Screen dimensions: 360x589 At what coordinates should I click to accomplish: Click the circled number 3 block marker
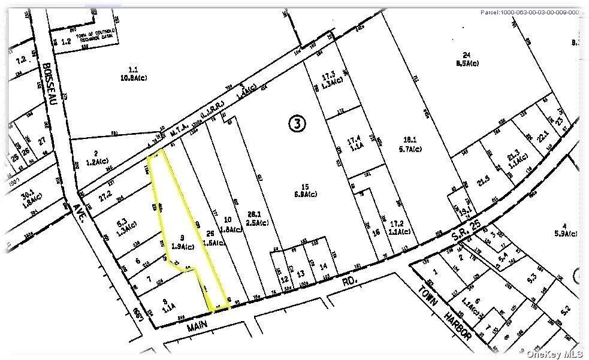pyautogui.click(x=298, y=123)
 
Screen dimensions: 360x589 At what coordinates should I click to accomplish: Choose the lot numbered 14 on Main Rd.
pyautogui.click(x=324, y=265)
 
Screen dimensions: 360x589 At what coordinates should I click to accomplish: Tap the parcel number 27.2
pyautogui.click(x=105, y=195)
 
